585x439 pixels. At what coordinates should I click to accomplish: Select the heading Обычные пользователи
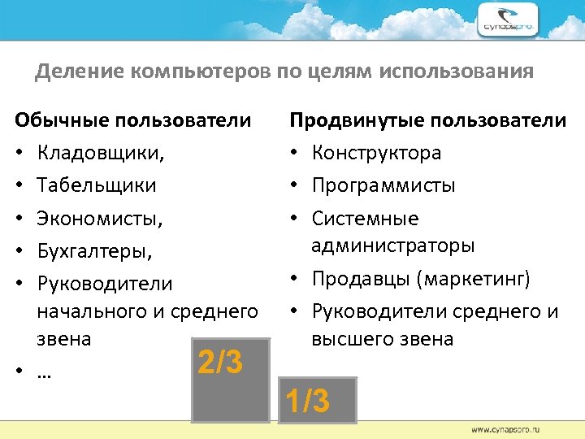pyautogui.click(x=133, y=121)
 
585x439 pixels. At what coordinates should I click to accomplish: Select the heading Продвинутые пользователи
pyautogui.click(x=428, y=121)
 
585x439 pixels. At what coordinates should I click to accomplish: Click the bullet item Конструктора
pyautogui.click(x=376, y=153)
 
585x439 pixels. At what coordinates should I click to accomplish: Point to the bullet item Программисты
pyautogui.click(x=383, y=185)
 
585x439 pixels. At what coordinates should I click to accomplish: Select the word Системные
pyautogui.click(x=365, y=219)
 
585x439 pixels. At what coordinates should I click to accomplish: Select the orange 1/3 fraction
pyautogui.click(x=306, y=401)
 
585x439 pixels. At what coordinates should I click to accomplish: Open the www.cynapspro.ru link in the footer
pyautogui.click(x=509, y=428)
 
